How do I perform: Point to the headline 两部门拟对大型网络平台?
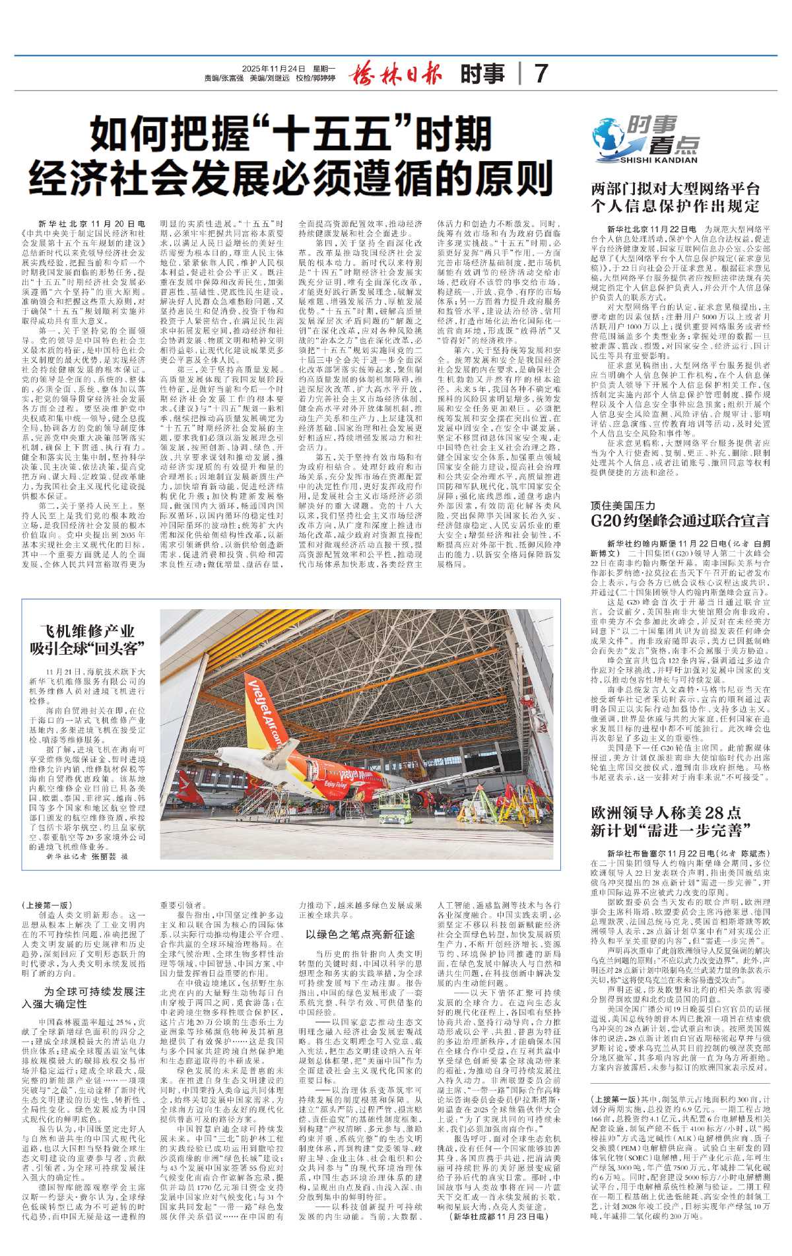click(675, 189)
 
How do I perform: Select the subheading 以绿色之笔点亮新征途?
click(360, 934)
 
